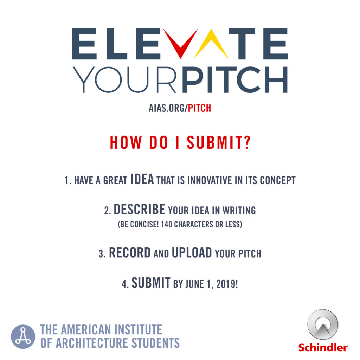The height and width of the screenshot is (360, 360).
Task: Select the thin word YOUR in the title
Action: point(124,79)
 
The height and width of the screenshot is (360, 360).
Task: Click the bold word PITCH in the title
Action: point(234,79)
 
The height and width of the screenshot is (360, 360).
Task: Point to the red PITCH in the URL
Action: point(199,108)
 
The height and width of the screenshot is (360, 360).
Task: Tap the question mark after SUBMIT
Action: point(247,142)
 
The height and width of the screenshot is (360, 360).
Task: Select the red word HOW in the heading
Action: point(126,142)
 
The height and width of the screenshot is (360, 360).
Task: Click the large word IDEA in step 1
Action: point(142,179)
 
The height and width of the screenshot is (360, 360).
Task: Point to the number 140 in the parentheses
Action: point(166,224)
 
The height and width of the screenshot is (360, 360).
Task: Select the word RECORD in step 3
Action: point(130,252)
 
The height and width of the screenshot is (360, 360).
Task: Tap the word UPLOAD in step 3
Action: point(192,252)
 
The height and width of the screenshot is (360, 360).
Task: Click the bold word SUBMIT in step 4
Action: point(151,283)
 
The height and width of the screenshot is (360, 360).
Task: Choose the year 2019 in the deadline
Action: point(227,284)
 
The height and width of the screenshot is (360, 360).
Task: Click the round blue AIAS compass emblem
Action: point(23,336)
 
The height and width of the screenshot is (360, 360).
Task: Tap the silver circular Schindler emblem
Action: point(323,324)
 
